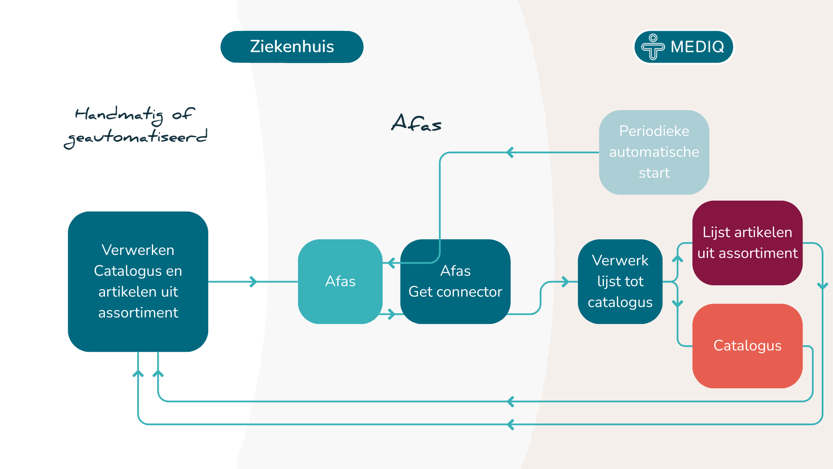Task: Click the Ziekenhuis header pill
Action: coord(292,46)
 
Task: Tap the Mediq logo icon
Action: coord(653,46)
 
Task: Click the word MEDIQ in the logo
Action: coord(697,46)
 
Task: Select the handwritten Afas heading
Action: coord(416,123)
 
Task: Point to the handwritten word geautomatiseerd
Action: coord(135,138)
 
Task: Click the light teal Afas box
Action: coord(340,281)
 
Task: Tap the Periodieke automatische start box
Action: coord(654,152)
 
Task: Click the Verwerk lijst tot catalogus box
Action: coord(620,281)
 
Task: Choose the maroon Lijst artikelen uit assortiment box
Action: coord(747,243)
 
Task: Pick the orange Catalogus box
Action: coord(747,346)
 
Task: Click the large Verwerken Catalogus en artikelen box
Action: coord(138,281)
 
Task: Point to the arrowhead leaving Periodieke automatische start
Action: coord(510,152)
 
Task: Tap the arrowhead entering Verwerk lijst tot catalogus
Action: coord(565,282)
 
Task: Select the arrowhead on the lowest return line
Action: coord(511,424)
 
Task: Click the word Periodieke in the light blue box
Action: coord(654,131)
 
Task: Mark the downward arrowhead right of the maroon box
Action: coord(822,286)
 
